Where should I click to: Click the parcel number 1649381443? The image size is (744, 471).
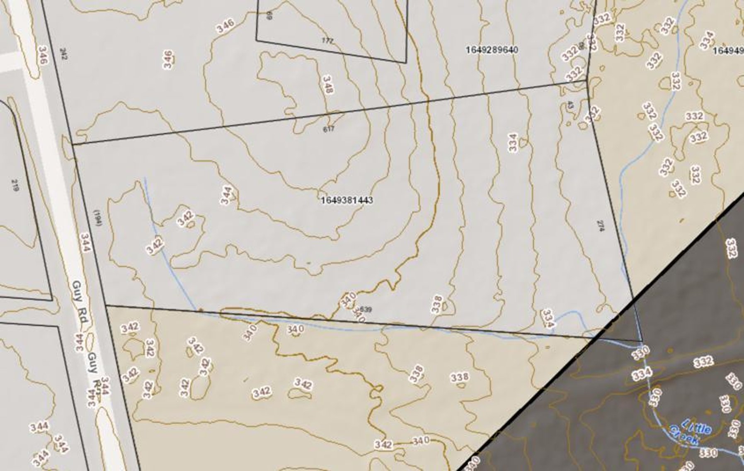pyautogui.click(x=347, y=200)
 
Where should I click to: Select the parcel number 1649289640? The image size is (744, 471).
pyautogui.click(x=492, y=50)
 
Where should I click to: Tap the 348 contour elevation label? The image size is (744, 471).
pyautogui.click(x=327, y=84)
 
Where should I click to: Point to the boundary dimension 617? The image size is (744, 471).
pyautogui.click(x=328, y=129)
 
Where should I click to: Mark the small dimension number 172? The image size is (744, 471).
pyautogui.click(x=327, y=40)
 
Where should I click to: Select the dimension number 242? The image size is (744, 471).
pyautogui.click(x=63, y=54)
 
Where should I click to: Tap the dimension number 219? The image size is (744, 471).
pyautogui.click(x=15, y=185)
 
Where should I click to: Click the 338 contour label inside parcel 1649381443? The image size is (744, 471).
pyautogui.click(x=437, y=304)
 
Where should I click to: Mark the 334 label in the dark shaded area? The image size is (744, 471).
pyautogui.click(x=642, y=374)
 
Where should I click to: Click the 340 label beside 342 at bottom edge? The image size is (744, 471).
pyautogui.click(x=420, y=441)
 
